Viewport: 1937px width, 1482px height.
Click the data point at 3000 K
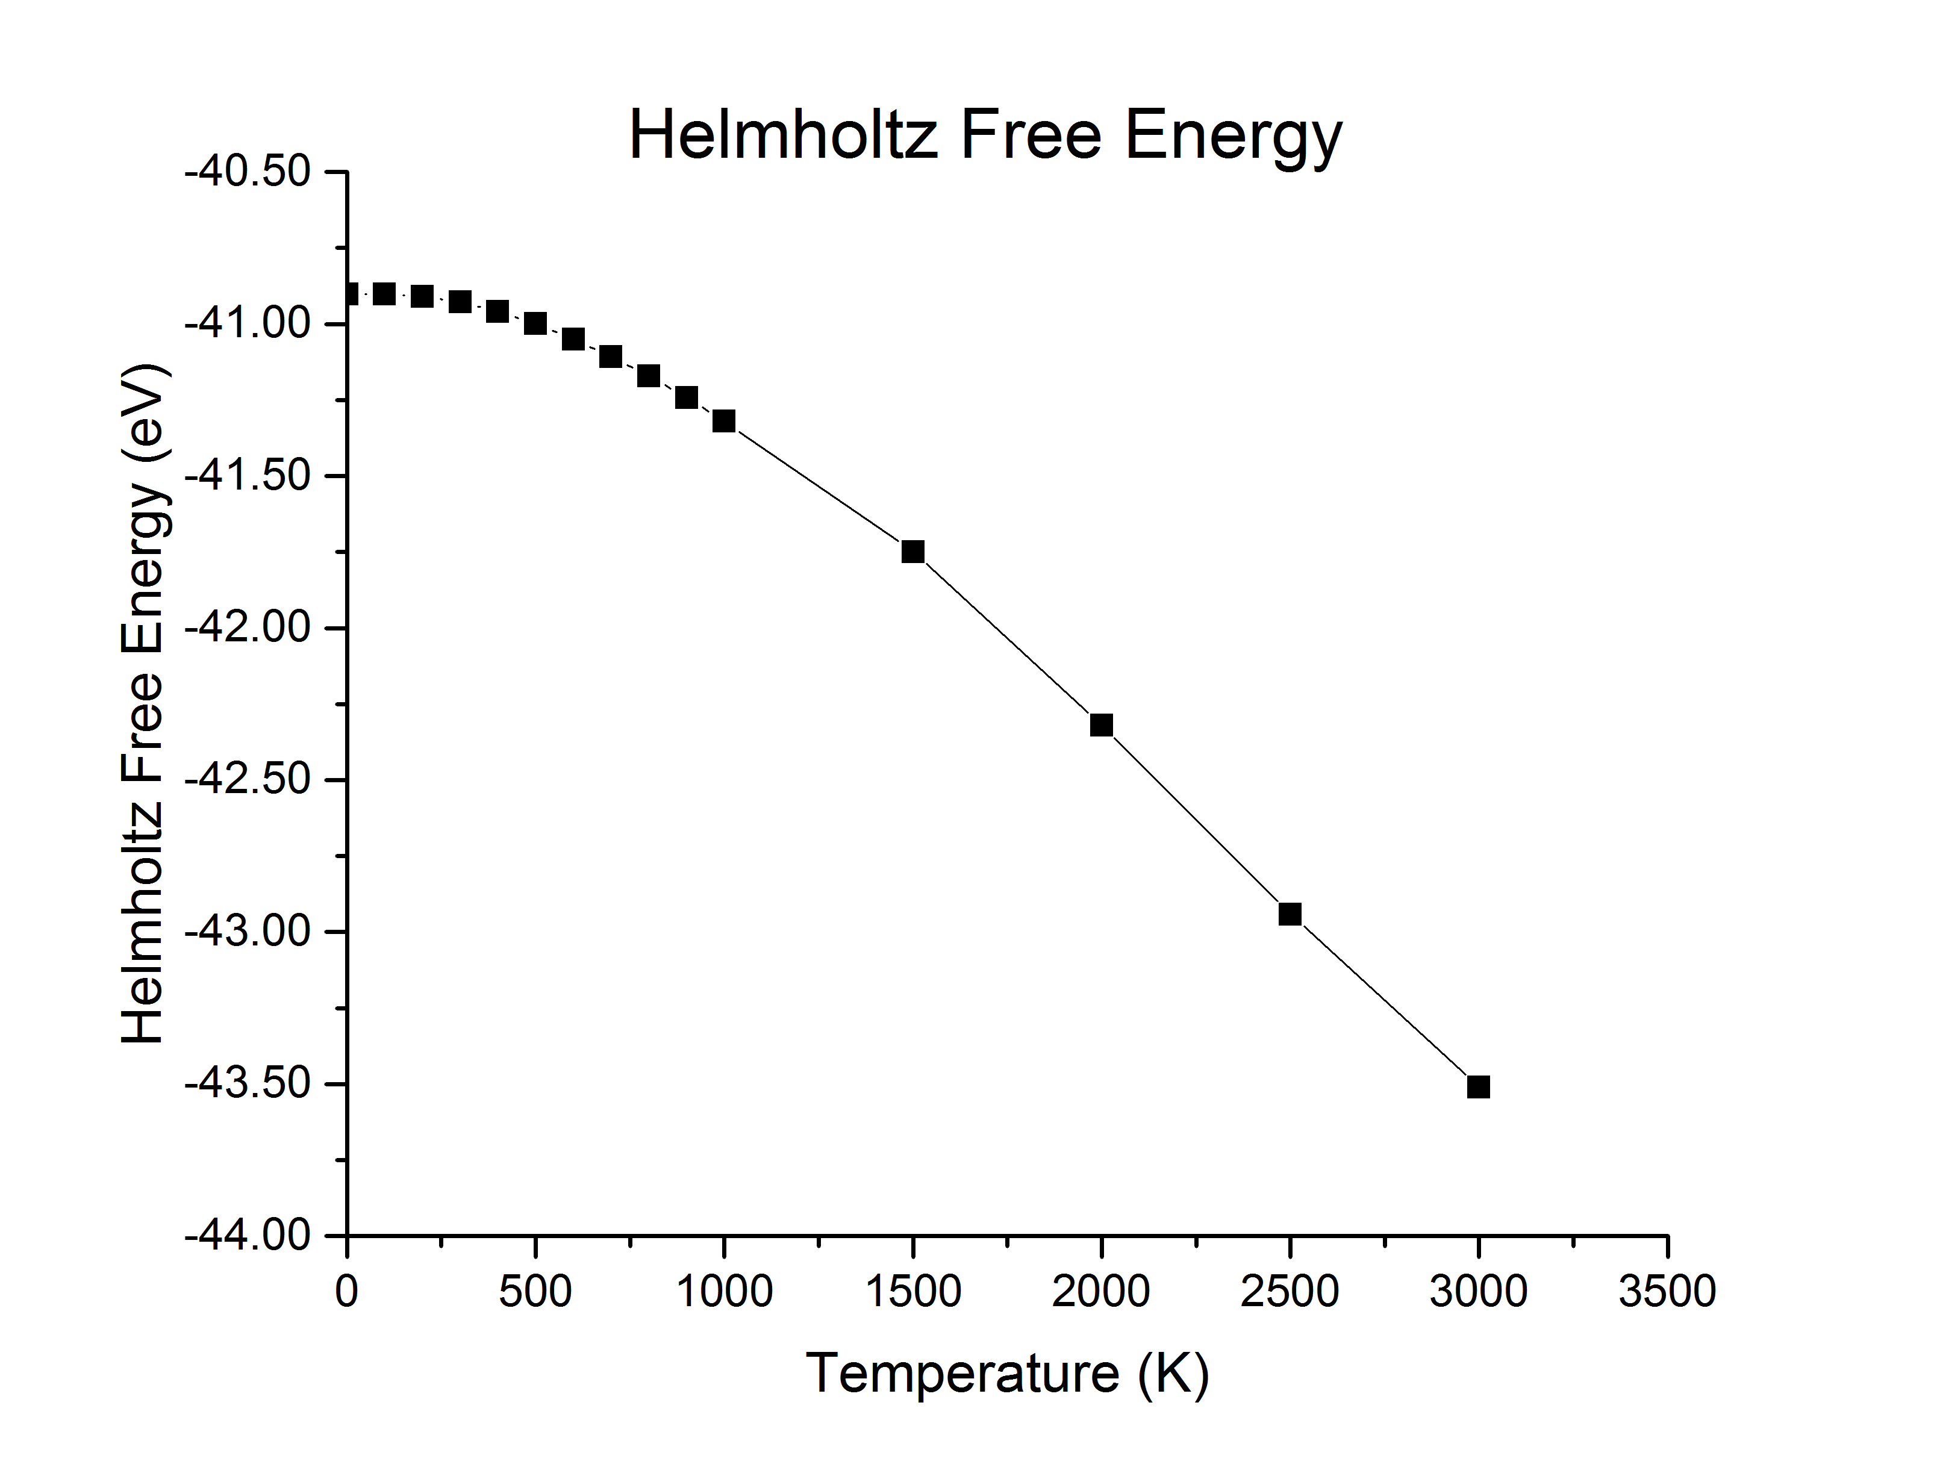[x=1478, y=1087]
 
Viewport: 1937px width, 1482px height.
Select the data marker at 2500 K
[x=1290, y=914]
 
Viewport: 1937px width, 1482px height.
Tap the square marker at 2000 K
[x=1101, y=725]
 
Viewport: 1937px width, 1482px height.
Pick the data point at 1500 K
[x=913, y=552]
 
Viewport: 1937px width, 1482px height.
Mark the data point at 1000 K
[x=724, y=421]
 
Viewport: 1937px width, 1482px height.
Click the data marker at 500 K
[x=535, y=324]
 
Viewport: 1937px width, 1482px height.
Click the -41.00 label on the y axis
[x=248, y=324]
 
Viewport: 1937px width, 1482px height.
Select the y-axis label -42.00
[x=248, y=627]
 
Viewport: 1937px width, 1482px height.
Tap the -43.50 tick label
[x=248, y=1083]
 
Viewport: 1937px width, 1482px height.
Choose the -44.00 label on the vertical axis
[x=248, y=1235]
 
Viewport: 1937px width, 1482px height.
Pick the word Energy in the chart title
[x=1233, y=137]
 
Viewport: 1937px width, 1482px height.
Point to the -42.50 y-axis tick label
[x=248, y=779]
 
